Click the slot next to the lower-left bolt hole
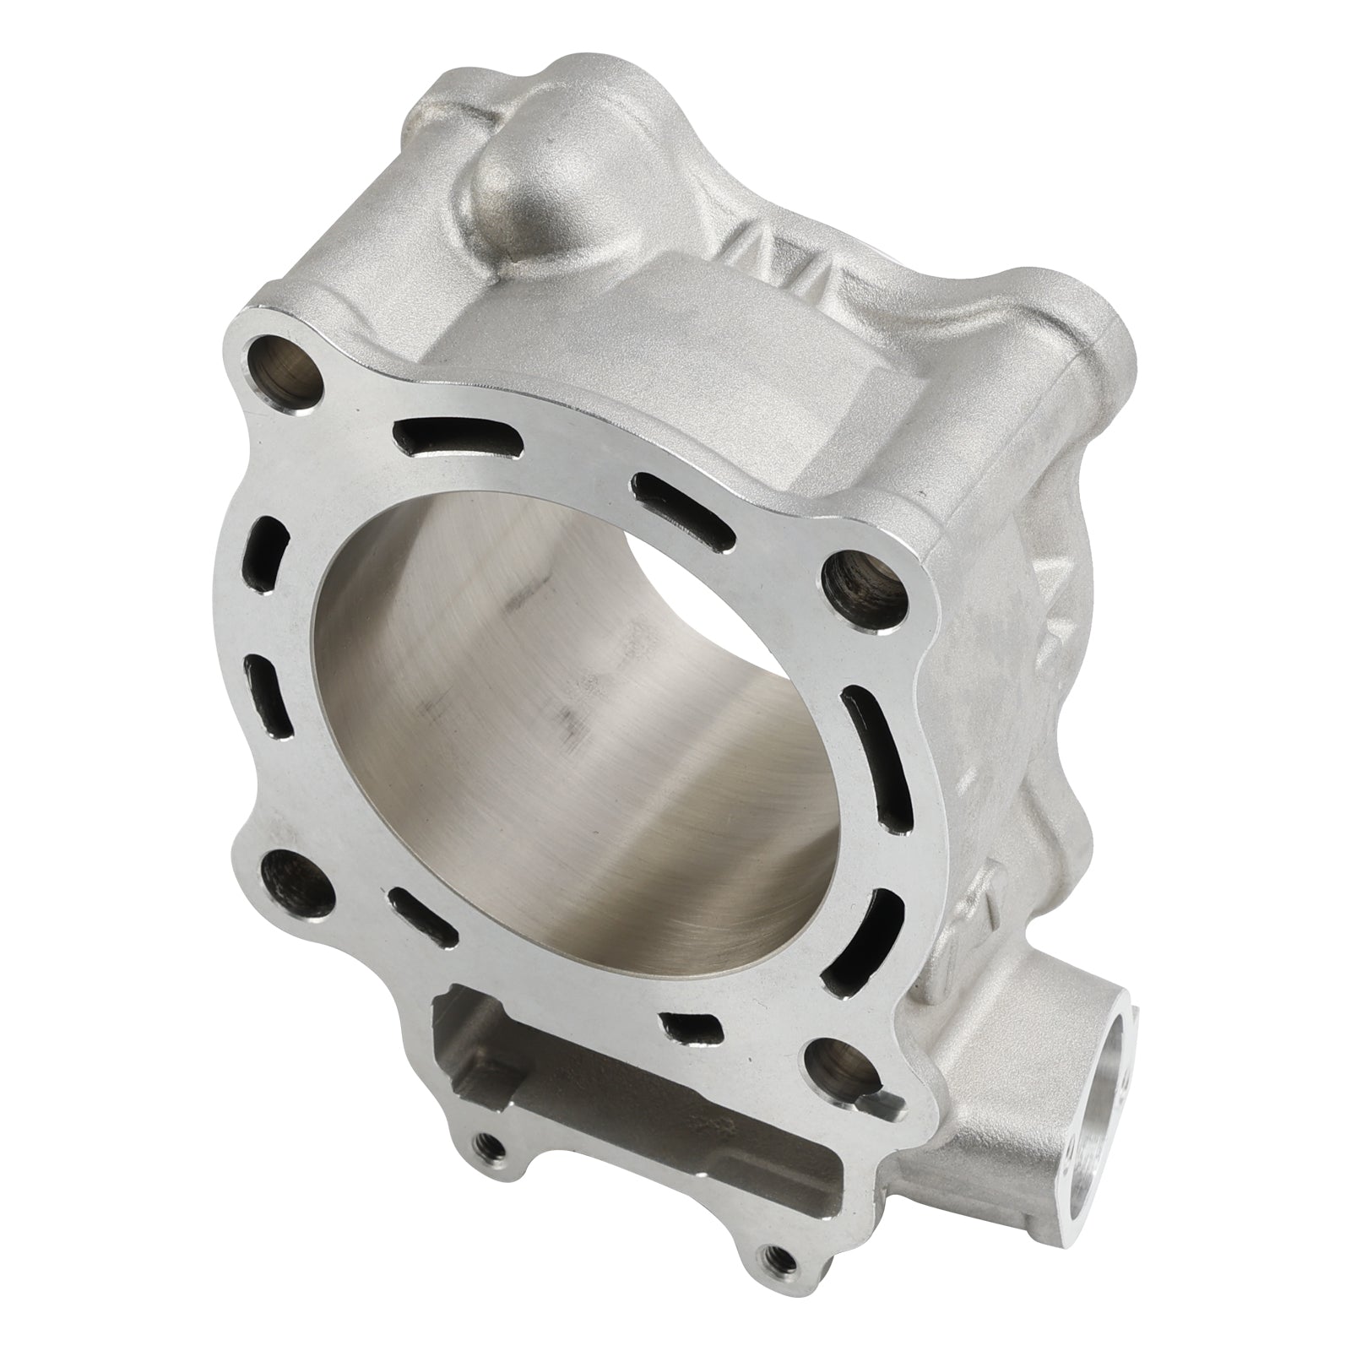coord(422,925)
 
